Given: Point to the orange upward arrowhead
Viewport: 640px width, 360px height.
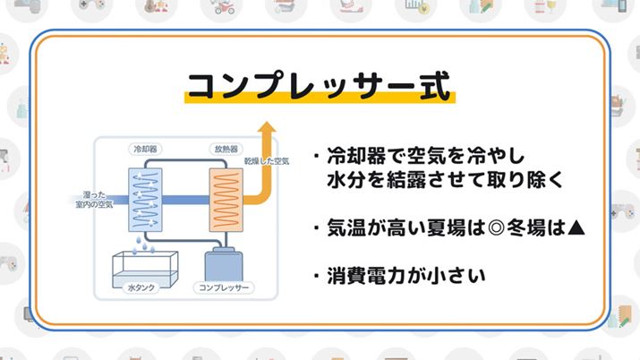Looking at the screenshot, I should [265, 132].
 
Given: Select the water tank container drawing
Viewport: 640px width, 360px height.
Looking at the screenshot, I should [142, 265].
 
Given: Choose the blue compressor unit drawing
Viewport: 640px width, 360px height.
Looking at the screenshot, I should [226, 262].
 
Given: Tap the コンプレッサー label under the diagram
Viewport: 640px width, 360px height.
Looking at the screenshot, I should [226, 289].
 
